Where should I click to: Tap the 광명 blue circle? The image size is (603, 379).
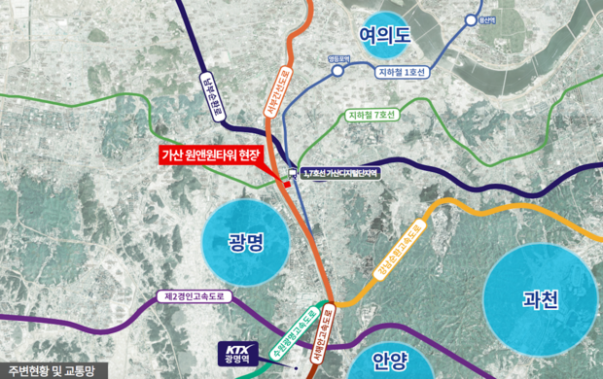point(247,242)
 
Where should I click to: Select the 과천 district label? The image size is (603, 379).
point(540,299)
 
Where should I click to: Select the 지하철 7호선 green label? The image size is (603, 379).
point(372,116)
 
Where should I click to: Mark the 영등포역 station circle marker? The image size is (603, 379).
point(338,70)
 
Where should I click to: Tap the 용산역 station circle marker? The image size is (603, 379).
point(473,20)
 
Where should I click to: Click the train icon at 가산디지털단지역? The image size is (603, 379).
point(290,172)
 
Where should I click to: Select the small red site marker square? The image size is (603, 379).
point(287,183)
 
